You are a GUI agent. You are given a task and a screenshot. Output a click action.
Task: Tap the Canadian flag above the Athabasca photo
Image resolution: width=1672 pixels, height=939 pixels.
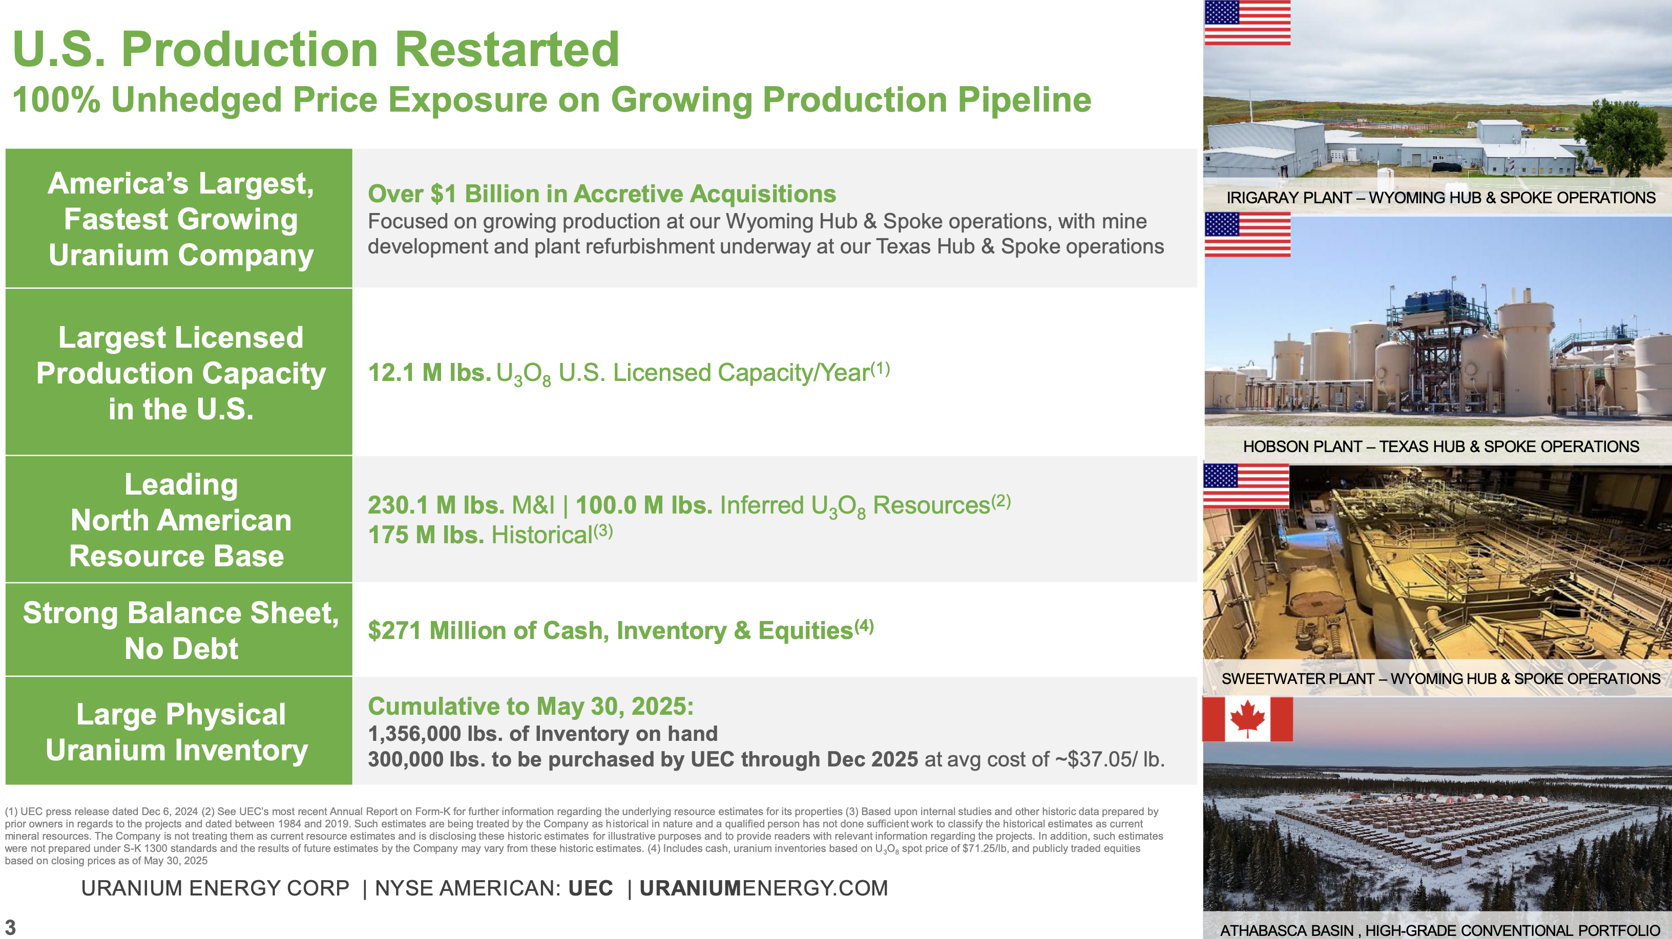click(1247, 719)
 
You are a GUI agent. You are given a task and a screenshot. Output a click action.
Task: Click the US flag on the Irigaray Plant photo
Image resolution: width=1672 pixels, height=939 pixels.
click(1247, 23)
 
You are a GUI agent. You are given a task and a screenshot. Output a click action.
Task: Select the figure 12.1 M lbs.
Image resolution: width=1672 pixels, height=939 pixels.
click(429, 373)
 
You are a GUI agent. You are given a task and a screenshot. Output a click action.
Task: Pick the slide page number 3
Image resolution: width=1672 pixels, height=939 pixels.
click(10, 927)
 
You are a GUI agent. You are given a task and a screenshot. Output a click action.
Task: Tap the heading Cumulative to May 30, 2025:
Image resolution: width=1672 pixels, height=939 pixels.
click(530, 706)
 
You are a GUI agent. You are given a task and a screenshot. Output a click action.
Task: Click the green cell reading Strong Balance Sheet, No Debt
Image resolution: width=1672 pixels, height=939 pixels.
click(179, 629)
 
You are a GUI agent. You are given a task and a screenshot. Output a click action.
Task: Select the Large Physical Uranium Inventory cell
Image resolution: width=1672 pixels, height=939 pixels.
click(179, 731)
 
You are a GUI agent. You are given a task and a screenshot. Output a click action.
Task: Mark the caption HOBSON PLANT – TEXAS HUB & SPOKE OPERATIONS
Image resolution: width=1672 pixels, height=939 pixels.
click(1440, 446)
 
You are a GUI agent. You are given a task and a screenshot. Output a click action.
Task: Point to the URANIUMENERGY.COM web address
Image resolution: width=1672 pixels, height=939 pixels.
click(763, 888)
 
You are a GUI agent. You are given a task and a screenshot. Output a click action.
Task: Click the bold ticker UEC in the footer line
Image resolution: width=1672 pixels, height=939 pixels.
click(591, 888)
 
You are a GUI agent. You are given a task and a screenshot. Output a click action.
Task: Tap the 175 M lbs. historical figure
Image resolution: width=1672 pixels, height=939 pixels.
click(426, 535)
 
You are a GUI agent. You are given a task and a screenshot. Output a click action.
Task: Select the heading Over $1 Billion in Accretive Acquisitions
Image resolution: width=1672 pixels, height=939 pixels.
click(602, 194)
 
